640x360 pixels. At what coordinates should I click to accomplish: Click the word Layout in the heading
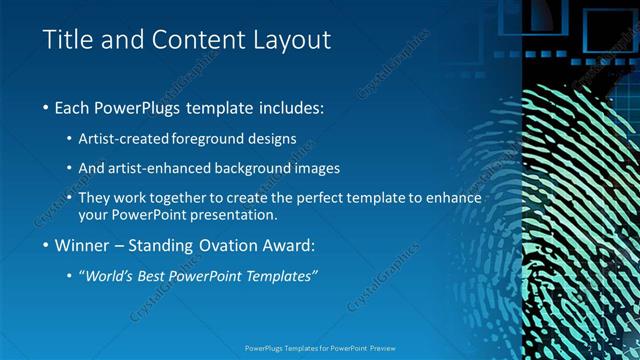point(290,40)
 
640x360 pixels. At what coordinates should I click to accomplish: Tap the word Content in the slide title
point(197,40)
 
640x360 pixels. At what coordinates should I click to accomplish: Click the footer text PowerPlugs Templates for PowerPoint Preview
point(319,349)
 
